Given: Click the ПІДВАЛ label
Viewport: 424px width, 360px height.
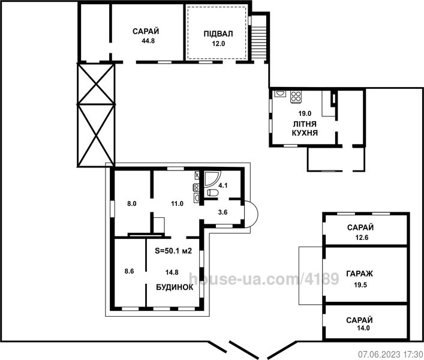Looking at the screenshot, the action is (x=218, y=34).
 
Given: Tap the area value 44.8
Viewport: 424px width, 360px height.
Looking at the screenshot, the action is (x=148, y=41).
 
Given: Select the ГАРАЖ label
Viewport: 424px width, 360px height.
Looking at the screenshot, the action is (x=360, y=274).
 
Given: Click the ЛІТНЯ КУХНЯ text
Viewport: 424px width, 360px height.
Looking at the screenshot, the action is (x=305, y=128).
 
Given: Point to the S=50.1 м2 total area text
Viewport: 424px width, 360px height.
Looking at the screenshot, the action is (x=173, y=251).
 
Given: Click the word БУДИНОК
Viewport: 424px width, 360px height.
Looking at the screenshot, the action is (x=175, y=287).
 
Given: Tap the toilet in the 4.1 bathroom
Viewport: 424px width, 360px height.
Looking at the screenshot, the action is (x=212, y=193).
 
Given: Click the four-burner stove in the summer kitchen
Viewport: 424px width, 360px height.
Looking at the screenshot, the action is (x=296, y=97).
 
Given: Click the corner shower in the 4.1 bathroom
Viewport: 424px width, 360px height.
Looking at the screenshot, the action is (x=212, y=179).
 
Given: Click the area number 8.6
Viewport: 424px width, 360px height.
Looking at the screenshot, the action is (x=129, y=271).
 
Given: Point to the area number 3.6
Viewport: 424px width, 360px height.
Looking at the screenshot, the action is (x=222, y=212).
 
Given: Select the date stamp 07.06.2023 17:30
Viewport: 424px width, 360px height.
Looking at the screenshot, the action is (x=391, y=354).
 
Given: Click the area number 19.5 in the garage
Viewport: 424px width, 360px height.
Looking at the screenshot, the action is (x=360, y=285).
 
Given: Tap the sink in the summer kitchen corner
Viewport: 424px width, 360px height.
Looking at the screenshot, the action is (x=280, y=94).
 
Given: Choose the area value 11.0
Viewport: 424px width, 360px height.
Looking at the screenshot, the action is (x=177, y=203).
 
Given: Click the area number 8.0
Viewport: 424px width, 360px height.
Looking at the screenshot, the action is (x=132, y=203).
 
